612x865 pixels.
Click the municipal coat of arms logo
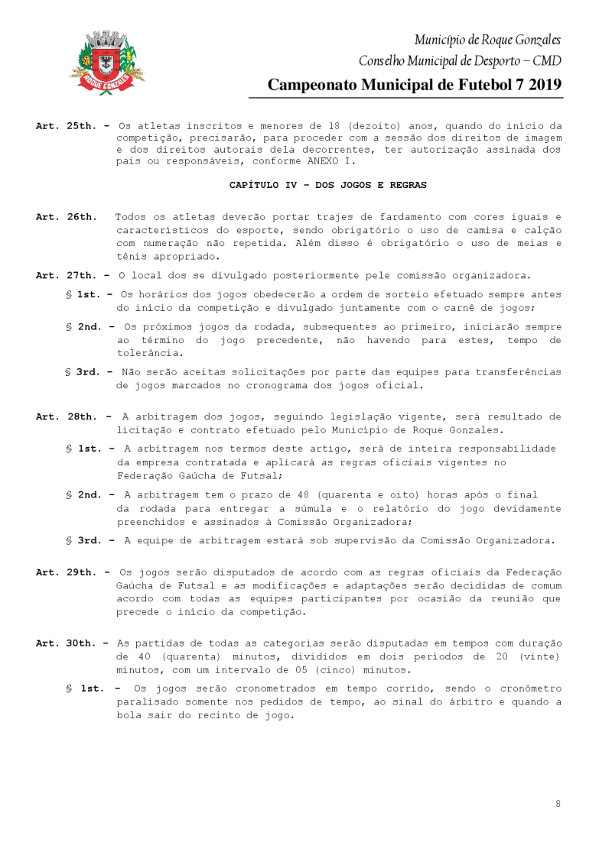(x=108, y=63)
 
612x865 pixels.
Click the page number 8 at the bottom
(x=558, y=803)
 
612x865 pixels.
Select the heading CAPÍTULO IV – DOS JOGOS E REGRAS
(x=328, y=185)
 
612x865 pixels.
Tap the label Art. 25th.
(x=63, y=125)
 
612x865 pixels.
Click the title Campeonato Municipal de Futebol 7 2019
(x=415, y=85)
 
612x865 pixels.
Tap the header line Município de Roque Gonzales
(x=487, y=40)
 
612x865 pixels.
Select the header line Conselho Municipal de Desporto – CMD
(x=460, y=60)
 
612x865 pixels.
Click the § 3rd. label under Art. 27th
(x=88, y=372)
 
